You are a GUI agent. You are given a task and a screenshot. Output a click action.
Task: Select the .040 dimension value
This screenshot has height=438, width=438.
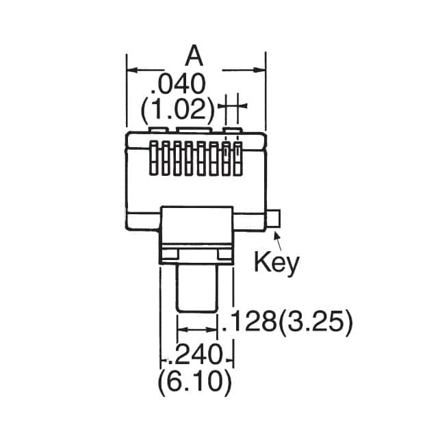pyautogui.click(x=177, y=85)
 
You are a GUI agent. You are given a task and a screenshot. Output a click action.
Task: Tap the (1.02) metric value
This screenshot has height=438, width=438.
pyautogui.click(x=177, y=109)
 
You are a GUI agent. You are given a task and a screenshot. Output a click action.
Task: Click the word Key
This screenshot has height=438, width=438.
pyautogui.click(x=276, y=261)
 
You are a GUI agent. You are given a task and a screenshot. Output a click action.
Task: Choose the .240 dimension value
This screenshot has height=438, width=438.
pyautogui.click(x=197, y=355)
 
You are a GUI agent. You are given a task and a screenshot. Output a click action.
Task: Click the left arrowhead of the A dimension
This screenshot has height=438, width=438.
pyautogui.click(x=132, y=70)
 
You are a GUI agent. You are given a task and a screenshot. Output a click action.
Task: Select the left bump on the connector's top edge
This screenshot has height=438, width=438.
pyautogui.click(x=158, y=129)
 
